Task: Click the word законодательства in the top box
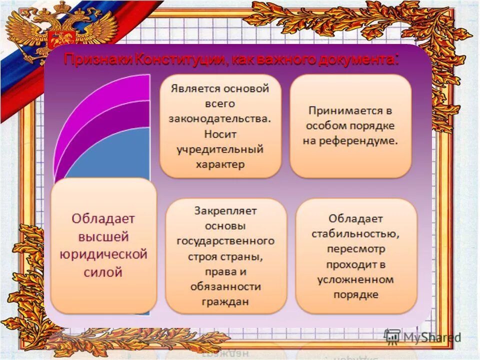[220, 119]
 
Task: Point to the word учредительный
[220, 149]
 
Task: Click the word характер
[220, 164]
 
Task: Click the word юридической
[103, 254]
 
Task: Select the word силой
[103, 272]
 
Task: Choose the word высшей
[103, 236]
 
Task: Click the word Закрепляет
[225, 210]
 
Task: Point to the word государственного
[225, 241]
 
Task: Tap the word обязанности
[225, 286]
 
